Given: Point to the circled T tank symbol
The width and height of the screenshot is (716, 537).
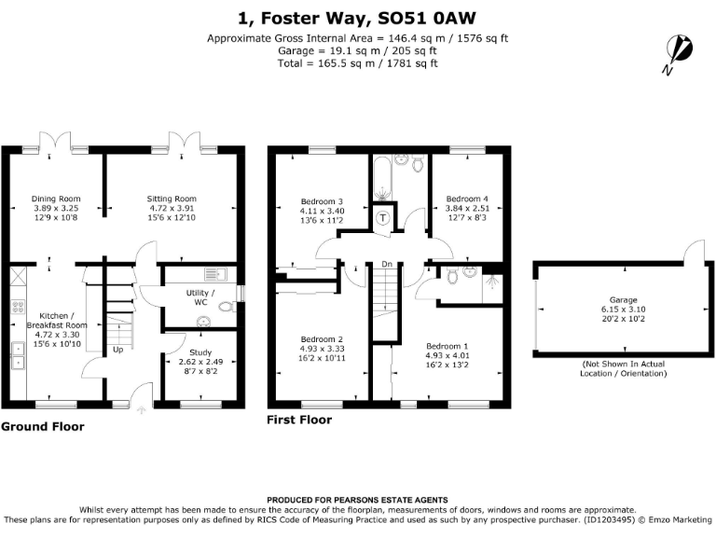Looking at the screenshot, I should click(384, 218).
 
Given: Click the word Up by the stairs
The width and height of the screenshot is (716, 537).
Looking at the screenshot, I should click(117, 350).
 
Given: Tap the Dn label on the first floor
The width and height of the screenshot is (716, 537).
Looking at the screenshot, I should click(386, 265).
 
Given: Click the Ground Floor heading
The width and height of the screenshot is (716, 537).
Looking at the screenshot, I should click(42, 427).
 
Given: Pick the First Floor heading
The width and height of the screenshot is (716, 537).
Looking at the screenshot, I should click(299, 420).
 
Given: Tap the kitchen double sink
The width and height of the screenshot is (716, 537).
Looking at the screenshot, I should click(19, 353).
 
